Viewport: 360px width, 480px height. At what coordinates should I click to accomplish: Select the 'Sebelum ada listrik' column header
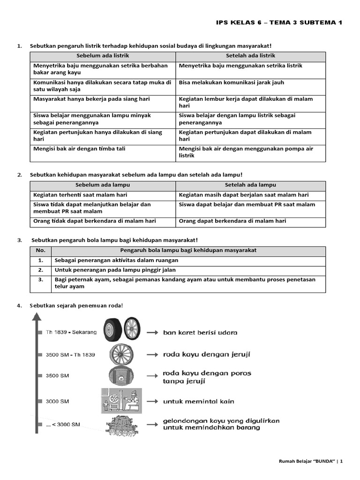tap(102, 56)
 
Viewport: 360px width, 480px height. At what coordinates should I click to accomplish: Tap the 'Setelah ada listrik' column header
tap(250, 56)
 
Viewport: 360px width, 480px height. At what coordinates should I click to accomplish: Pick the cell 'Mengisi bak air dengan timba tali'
tap(79, 149)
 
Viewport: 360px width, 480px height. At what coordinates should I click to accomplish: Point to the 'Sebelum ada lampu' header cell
tap(102, 185)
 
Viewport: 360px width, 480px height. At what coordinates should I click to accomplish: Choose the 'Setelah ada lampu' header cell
tap(250, 185)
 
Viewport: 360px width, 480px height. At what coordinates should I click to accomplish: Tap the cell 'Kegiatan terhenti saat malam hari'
tap(80, 195)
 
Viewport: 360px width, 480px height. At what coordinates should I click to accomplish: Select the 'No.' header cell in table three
tap(41, 250)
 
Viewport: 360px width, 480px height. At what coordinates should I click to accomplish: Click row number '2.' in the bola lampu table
tap(41, 270)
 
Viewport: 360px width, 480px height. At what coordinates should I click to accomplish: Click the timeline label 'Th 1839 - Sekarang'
tap(71, 332)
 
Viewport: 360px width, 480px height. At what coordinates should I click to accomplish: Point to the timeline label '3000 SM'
tap(58, 401)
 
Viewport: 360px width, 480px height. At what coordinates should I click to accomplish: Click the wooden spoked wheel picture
tap(121, 355)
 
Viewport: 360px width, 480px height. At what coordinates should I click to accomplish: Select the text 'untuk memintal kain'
tap(198, 401)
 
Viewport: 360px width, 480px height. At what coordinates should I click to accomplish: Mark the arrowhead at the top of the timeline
tap(35, 317)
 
